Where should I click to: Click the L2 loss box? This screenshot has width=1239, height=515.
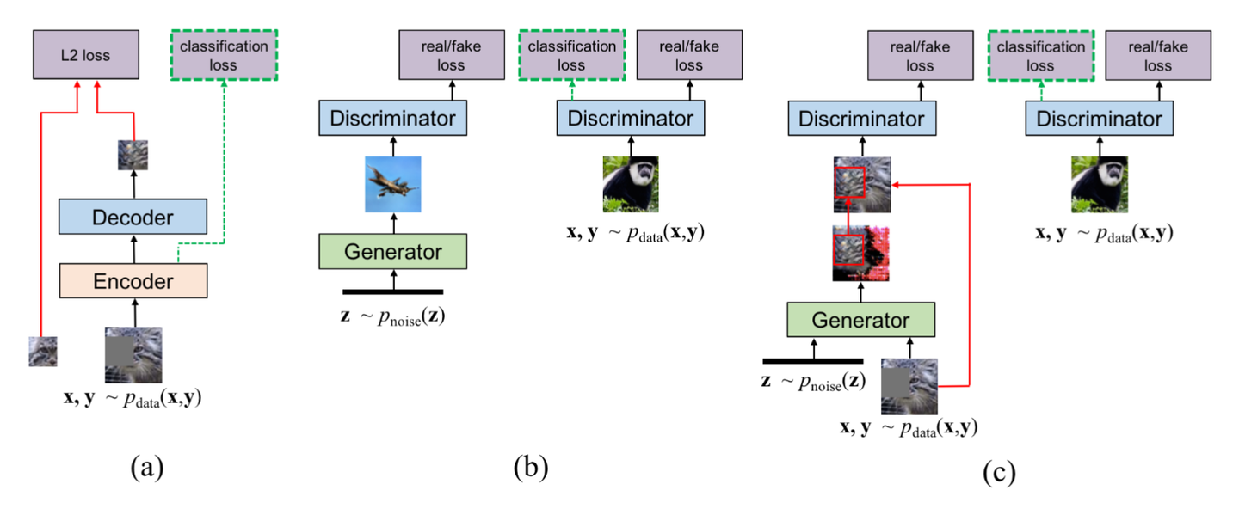[x=85, y=54]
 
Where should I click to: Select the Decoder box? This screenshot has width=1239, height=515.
[x=133, y=217]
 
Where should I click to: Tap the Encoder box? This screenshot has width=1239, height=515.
[x=133, y=281]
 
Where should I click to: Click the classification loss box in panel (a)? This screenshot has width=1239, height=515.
[x=225, y=54]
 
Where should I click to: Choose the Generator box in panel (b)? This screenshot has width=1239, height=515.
[x=392, y=252]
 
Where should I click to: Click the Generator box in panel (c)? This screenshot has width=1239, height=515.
[x=860, y=321]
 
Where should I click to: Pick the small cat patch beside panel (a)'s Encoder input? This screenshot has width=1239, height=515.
[x=43, y=352]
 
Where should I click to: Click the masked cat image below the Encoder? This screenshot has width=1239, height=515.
[x=133, y=355]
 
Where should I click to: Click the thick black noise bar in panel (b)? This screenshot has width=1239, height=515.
[x=392, y=292]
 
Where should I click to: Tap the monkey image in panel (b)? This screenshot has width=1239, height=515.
[x=630, y=184]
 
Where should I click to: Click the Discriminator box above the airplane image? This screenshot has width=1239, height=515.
[x=392, y=118]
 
